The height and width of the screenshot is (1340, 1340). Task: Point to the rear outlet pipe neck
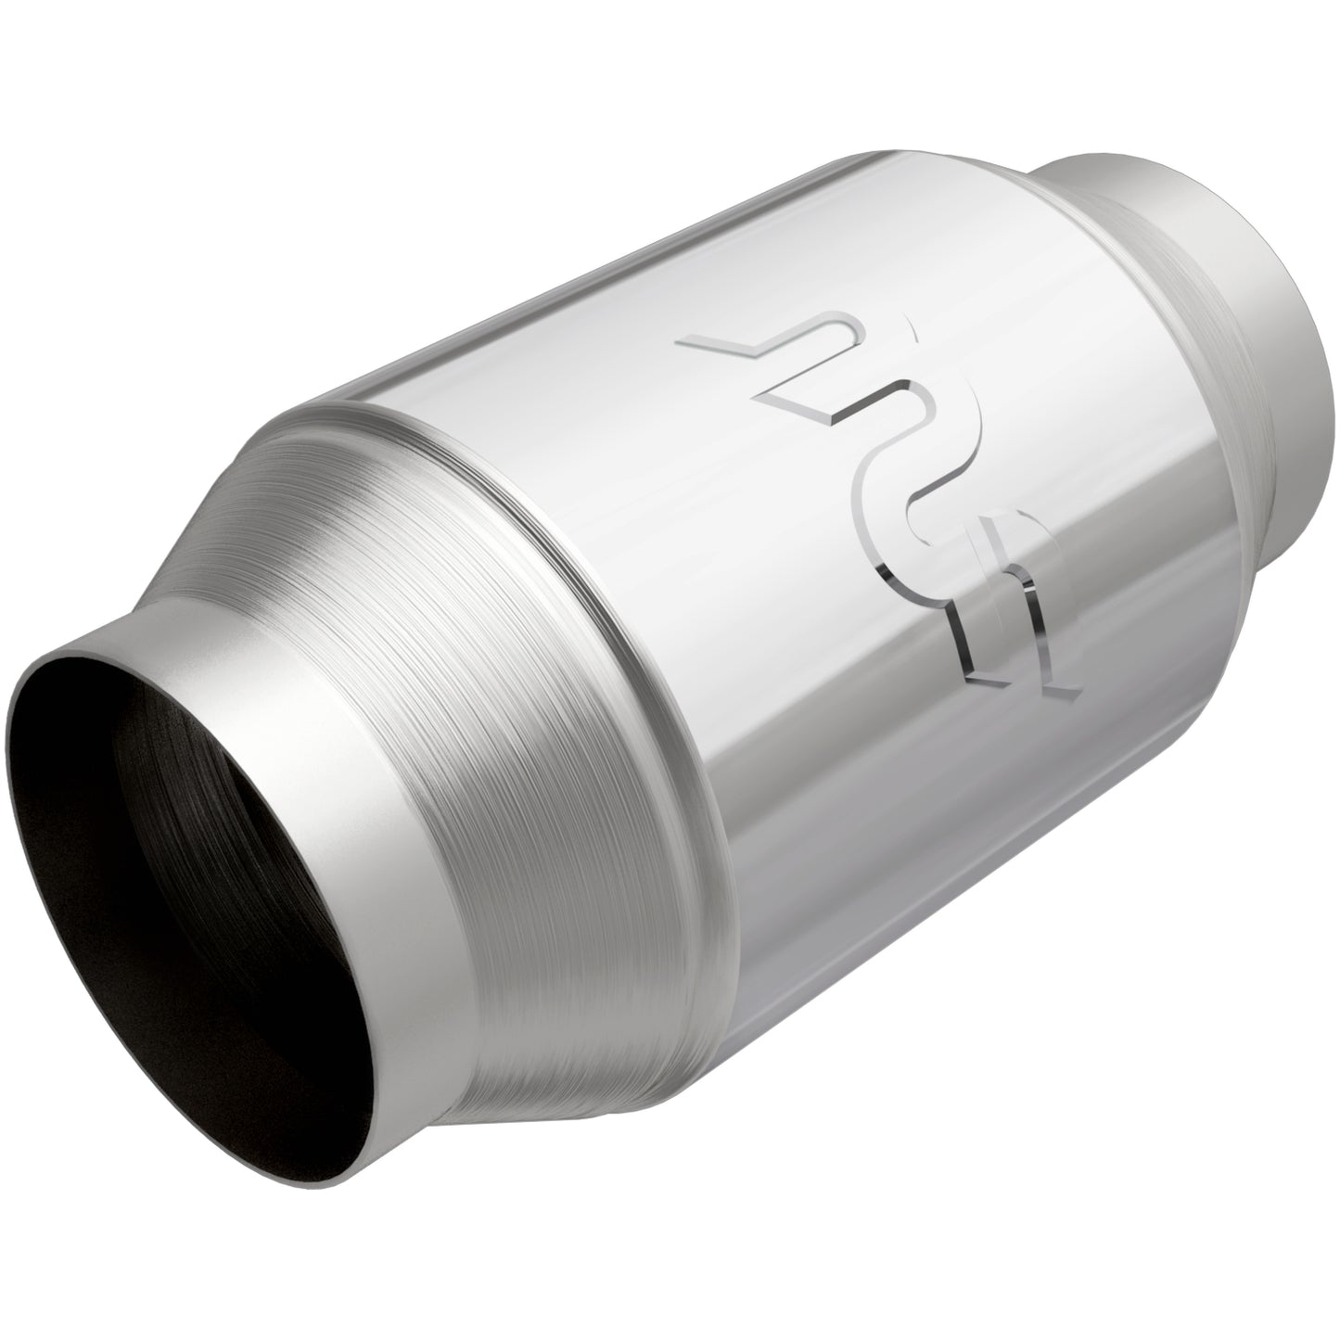pos(1233,306)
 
